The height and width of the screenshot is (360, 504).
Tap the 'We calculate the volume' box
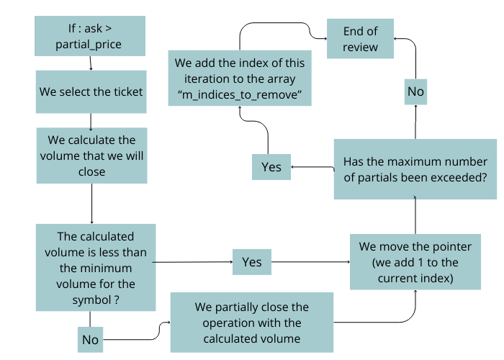tap(91, 156)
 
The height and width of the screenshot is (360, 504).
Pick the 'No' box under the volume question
tap(91, 338)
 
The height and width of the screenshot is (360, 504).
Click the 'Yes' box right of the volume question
tap(252, 262)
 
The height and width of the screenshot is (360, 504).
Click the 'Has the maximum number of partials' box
tap(415, 169)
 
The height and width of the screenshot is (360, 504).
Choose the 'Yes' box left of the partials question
tap(271, 167)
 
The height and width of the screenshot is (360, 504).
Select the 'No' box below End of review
tap(415, 91)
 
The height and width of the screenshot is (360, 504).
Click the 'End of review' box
tap(361, 39)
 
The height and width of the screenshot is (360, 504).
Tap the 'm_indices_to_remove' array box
tap(240, 78)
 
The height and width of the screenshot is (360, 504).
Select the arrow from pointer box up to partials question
tap(415, 216)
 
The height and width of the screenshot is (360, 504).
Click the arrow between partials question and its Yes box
tap(312, 167)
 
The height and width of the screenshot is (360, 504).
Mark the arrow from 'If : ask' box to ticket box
tap(90, 65)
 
